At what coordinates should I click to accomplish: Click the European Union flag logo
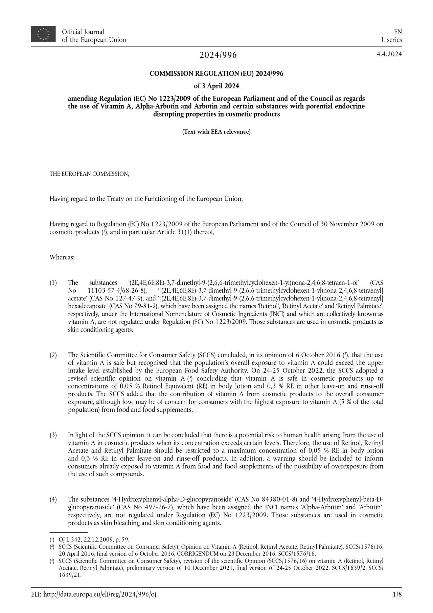(43, 34)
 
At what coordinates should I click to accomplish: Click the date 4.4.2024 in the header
(389, 54)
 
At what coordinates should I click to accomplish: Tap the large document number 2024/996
(218, 55)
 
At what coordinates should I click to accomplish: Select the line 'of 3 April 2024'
(216, 86)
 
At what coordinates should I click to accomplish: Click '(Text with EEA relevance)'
(216, 132)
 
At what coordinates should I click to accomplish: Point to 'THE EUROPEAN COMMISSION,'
(89, 174)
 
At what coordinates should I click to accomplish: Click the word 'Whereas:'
(62, 257)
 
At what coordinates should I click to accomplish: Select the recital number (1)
(53, 282)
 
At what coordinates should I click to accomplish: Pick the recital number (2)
(53, 355)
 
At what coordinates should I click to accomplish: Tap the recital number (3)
(53, 435)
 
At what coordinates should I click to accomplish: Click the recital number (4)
(53, 500)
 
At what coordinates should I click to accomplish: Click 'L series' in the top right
(391, 40)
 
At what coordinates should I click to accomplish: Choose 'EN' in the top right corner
(398, 32)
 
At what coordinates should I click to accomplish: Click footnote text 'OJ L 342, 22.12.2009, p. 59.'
(94, 540)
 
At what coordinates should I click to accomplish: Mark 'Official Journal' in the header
(83, 32)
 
